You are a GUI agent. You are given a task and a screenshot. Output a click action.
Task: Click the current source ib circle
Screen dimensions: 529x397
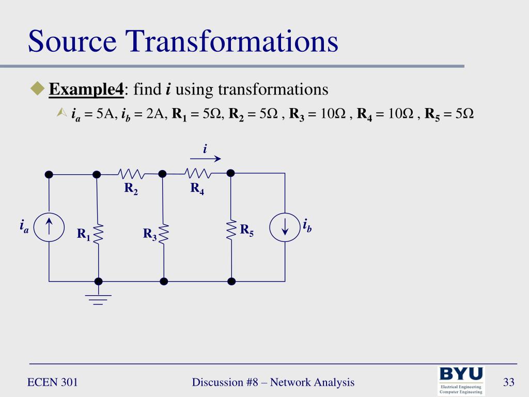(x=285, y=228)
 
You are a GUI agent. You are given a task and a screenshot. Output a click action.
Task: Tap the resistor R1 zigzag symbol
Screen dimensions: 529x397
(x=98, y=233)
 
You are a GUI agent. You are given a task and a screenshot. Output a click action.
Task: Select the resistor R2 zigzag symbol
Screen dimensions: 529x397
(x=131, y=173)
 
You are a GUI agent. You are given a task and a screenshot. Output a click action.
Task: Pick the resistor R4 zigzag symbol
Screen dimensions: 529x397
(x=197, y=173)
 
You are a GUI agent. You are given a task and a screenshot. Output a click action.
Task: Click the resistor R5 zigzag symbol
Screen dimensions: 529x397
(x=231, y=230)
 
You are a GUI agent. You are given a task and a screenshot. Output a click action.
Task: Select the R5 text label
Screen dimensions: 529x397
(x=246, y=231)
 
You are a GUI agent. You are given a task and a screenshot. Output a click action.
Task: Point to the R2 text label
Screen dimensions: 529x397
(x=131, y=189)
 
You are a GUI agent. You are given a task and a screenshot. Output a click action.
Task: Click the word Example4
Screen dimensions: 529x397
(x=86, y=90)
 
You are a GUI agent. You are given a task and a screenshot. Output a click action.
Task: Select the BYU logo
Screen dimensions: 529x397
(x=461, y=380)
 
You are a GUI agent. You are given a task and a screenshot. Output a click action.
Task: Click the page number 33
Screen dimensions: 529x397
(x=509, y=383)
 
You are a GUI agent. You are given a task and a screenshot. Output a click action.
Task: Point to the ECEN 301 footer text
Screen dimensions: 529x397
(x=52, y=383)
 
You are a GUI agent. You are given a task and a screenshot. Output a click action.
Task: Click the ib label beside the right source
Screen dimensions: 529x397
(x=307, y=226)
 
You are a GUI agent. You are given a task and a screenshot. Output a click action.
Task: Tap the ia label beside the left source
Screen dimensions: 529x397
(x=24, y=226)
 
